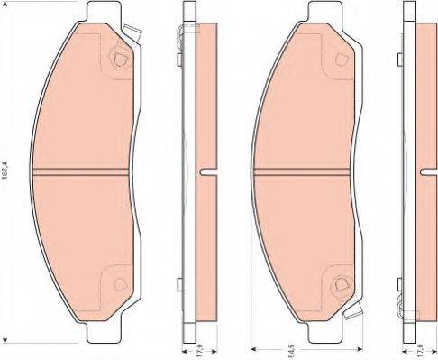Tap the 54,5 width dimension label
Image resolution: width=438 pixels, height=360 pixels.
[291, 351]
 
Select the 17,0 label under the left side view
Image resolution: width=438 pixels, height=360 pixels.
[200, 351]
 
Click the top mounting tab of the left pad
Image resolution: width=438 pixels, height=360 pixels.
[104, 12]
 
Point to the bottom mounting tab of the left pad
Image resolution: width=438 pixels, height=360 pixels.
[104, 332]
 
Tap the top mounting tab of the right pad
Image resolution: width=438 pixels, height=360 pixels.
[325, 12]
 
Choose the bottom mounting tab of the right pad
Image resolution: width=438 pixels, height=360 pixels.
[325, 332]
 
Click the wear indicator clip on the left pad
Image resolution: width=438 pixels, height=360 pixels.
[132, 33]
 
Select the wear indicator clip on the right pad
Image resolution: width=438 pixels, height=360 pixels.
[353, 310]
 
